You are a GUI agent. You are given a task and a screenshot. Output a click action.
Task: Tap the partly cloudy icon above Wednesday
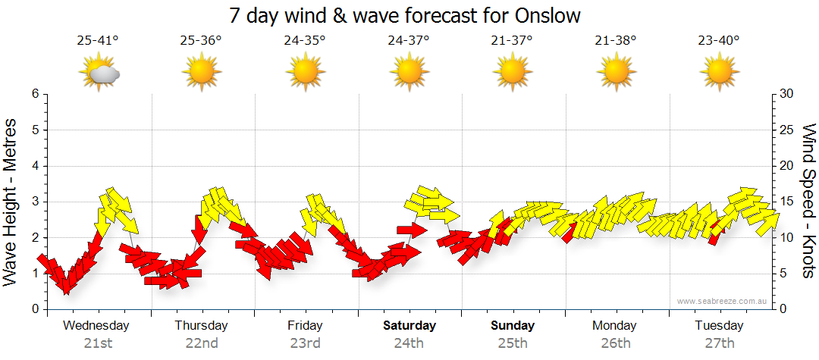(x=99, y=73)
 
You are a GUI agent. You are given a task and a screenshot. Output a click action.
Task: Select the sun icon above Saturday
(x=409, y=73)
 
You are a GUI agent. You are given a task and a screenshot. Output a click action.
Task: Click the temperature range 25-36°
(x=201, y=41)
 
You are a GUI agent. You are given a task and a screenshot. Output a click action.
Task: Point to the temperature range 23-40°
(x=719, y=41)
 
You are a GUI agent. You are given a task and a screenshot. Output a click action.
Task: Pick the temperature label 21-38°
(x=615, y=41)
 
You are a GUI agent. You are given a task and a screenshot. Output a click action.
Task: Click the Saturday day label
(x=409, y=326)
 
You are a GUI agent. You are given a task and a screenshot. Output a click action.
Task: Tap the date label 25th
(x=513, y=343)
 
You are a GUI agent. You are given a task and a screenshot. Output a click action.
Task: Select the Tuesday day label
(x=719, y=326)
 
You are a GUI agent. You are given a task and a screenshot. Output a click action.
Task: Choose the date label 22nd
(x=202, y=343)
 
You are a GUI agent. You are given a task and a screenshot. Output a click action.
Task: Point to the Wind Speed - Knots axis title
(x=808, y=202)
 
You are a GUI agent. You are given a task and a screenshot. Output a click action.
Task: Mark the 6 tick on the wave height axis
(x=34, y=94)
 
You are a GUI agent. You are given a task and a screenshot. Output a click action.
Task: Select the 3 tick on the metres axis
(x=34, y=202)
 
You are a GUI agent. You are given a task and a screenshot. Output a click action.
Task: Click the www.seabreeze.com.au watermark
(x=723, y=302)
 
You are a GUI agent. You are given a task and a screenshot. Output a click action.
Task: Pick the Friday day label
(x=306, y=326)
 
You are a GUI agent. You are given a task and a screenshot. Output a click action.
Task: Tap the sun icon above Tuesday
(x=719, y=73)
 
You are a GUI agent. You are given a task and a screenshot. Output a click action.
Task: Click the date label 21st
(x=98, y=343)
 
